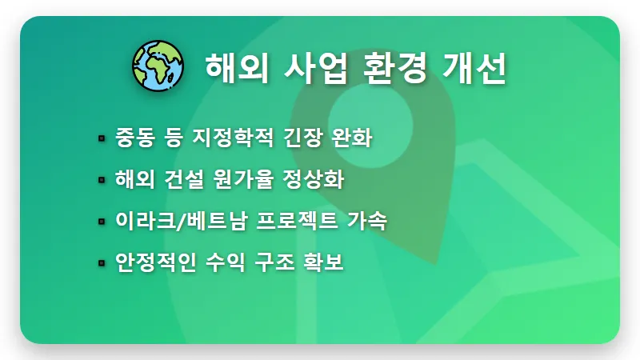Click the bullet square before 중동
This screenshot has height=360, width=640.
coord(102,138)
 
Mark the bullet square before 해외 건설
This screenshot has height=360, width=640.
coord(102,180)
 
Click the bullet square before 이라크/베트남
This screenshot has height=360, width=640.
coord(102,222)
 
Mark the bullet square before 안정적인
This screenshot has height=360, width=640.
coord(102,263)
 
